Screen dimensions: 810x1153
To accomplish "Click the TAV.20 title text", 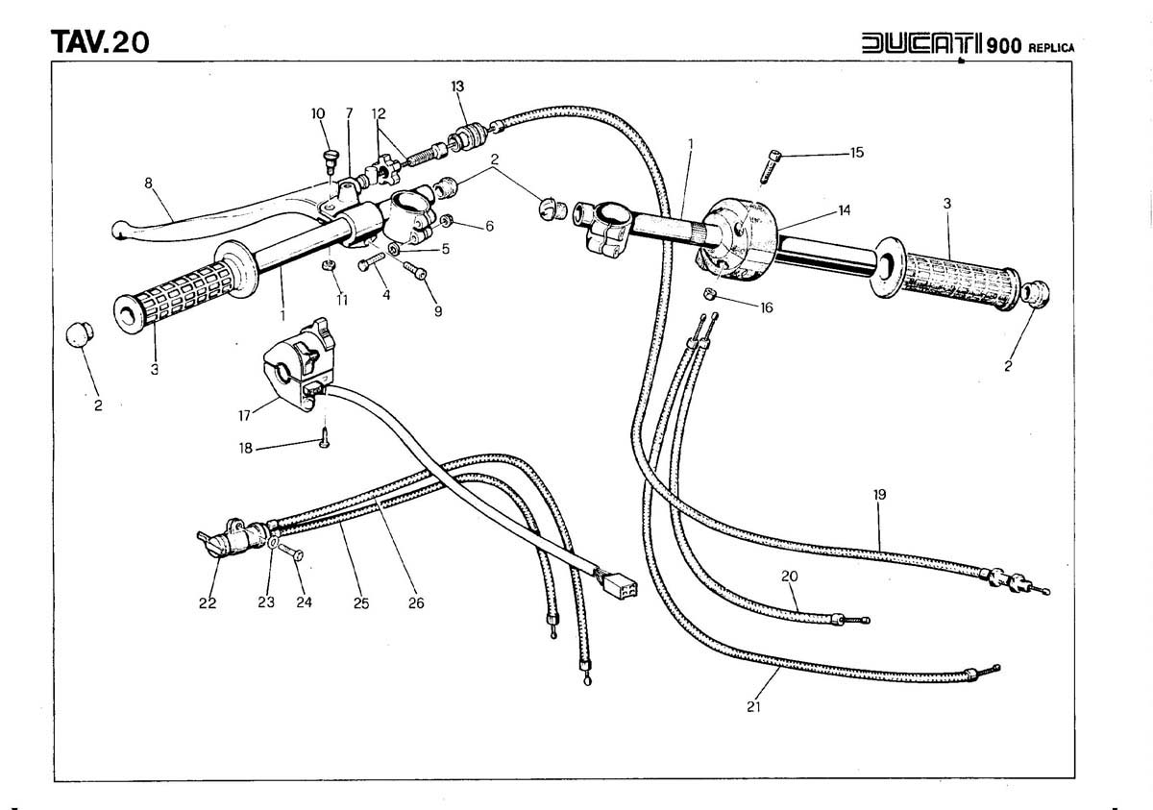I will point(100,43).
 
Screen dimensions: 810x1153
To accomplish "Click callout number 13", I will point(458,86).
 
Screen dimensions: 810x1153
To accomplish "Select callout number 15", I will point(856,153).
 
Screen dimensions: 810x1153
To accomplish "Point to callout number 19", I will point(879,495).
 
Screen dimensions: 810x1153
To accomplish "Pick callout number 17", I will point(244,415).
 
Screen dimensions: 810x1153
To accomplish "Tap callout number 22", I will point(207,603).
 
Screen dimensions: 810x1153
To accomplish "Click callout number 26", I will point(415,603).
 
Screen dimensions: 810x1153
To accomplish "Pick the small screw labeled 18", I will point(326,440).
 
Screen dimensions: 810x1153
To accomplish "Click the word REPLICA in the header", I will point(1051,47).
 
